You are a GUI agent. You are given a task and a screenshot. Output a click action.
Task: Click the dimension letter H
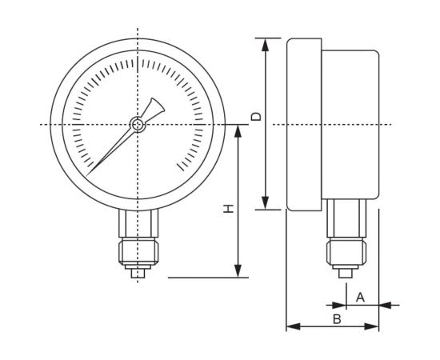228,208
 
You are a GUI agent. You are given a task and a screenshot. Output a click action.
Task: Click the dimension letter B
337,318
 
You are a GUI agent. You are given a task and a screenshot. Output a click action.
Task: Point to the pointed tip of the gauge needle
90,173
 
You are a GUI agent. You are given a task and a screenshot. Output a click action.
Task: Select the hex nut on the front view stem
138,250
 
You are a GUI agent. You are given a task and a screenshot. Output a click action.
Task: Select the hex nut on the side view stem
346,251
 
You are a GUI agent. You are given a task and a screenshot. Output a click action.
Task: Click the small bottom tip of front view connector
138,274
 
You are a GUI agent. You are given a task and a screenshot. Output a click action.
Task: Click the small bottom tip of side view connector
346,274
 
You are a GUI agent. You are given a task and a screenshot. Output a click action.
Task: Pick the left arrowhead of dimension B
291,326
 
